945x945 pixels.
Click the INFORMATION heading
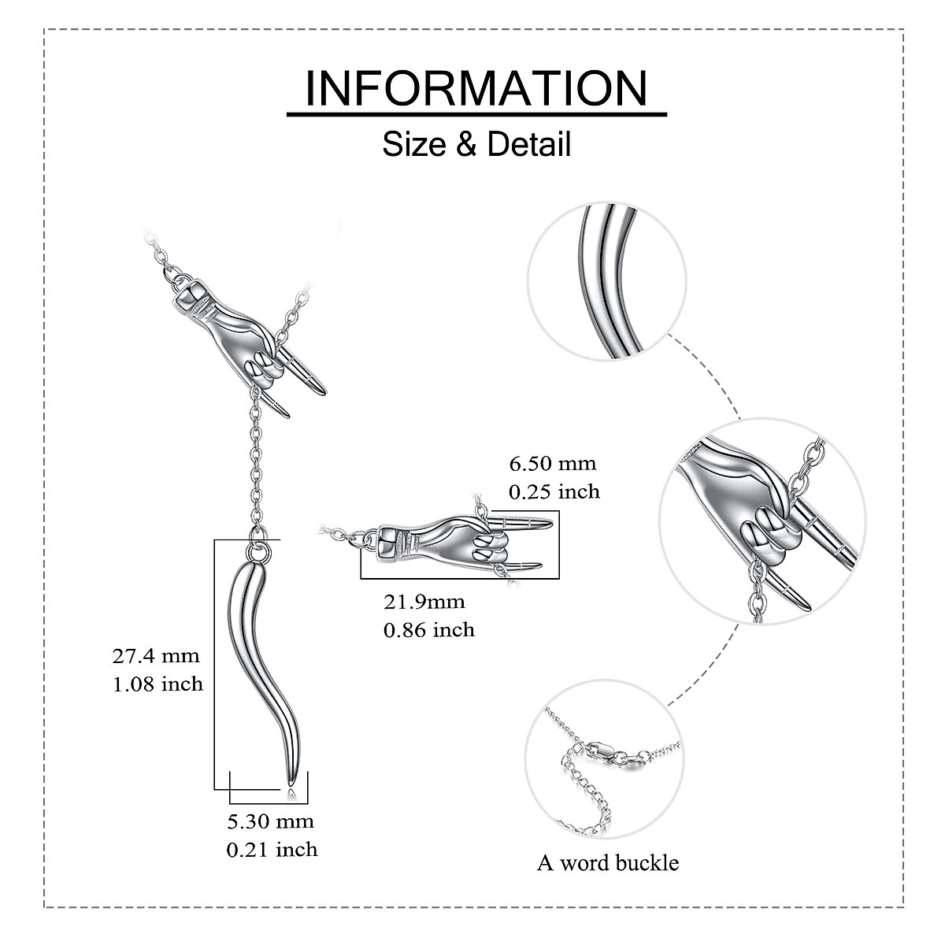tap(476, 87)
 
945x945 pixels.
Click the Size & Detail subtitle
tap(476, 145)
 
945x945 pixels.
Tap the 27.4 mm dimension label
tap(156, 655)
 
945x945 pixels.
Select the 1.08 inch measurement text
tap(157, 684)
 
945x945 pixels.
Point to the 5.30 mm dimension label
tap(270, 821)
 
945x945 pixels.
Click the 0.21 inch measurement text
tap(272, 849)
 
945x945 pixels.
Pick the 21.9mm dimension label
tap(424, 602)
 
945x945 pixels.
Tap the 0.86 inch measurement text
tap(428, 629)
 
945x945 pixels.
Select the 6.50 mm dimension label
tap(552, 463)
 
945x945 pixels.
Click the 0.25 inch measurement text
tap(554, 491)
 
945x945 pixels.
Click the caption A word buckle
tap(607, 862)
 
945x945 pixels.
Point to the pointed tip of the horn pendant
tap(290, 780)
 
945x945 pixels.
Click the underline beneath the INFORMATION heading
tap(476, 115)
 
